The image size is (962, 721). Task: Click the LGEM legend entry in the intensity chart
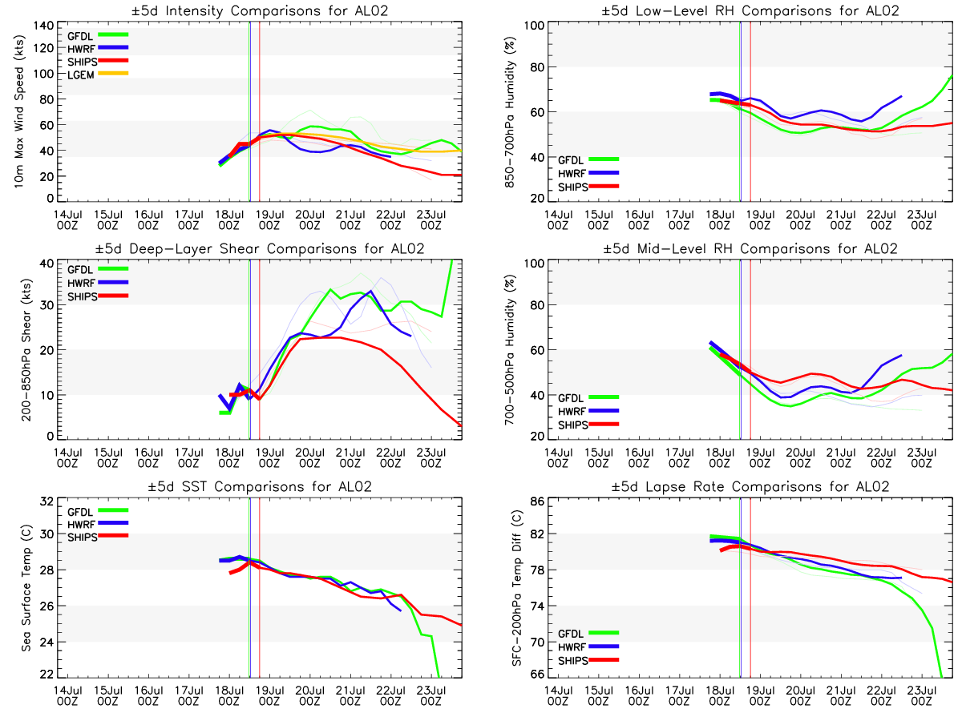[x=98, y=75]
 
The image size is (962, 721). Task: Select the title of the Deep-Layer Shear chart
[x=260, y=248]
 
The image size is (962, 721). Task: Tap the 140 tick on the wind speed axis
[x=43, y=26]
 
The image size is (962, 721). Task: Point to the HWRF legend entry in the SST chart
[x=98, y=524]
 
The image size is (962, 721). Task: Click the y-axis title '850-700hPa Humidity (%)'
[x=509, y=112]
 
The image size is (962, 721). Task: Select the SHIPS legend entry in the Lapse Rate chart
[x=588, y=661]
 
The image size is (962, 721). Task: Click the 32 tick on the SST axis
[x=46, y=501]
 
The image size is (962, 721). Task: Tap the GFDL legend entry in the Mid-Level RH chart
[x=588, y=398]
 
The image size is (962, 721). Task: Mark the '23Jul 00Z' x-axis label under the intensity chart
[x=430, y=220]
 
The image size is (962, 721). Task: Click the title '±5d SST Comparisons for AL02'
[x=260, y=486]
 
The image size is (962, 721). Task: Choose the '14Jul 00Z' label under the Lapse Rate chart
[x=558, y=695]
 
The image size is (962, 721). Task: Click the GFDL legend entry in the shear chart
[x=98, y=269]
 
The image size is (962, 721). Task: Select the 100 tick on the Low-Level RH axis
[x=534, y=26]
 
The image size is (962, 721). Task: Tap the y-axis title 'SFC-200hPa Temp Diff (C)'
[x=517, y=588]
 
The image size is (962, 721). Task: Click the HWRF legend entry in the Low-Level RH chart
[x=588, y=173]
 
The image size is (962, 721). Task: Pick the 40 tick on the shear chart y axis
[x=46, y=264]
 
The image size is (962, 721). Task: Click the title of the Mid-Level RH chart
[x=750, y=248]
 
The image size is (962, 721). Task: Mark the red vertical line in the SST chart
[x=260, y=588]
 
